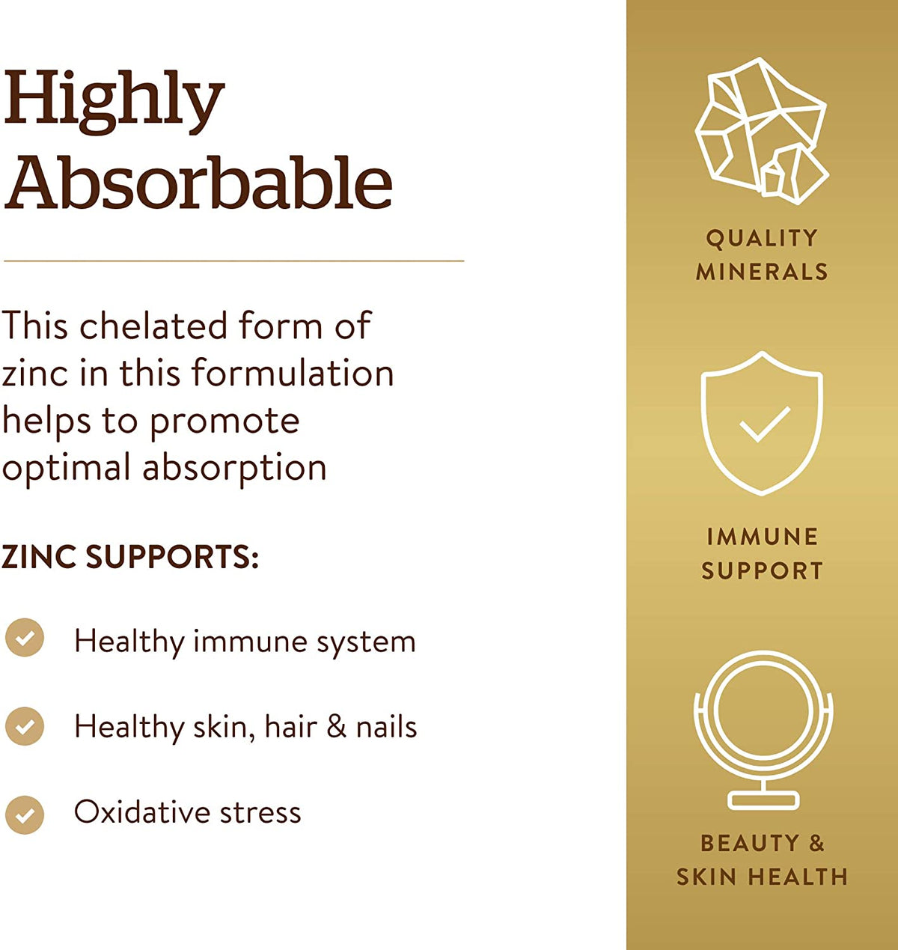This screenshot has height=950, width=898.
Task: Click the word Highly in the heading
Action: [114, 100]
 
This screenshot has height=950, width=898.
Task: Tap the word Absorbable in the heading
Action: [199, 183]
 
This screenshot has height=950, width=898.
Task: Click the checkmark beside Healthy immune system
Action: [25, 638]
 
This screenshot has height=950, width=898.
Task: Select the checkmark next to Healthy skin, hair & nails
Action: [25, 726]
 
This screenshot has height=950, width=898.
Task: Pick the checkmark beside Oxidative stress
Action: [25, 814]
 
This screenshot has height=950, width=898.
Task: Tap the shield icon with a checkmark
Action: [762, 423]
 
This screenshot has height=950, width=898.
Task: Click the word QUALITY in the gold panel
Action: [762, 238]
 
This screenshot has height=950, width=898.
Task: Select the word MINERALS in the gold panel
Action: [762, 271]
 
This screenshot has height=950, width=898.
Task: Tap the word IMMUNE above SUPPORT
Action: [762, 537]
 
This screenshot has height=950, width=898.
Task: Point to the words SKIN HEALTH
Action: [762, 877]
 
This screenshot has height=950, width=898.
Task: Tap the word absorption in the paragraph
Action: [234, 468]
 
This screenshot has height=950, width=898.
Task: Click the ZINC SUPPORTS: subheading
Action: [130, 557]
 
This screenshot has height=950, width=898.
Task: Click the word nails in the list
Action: [386, 727]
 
